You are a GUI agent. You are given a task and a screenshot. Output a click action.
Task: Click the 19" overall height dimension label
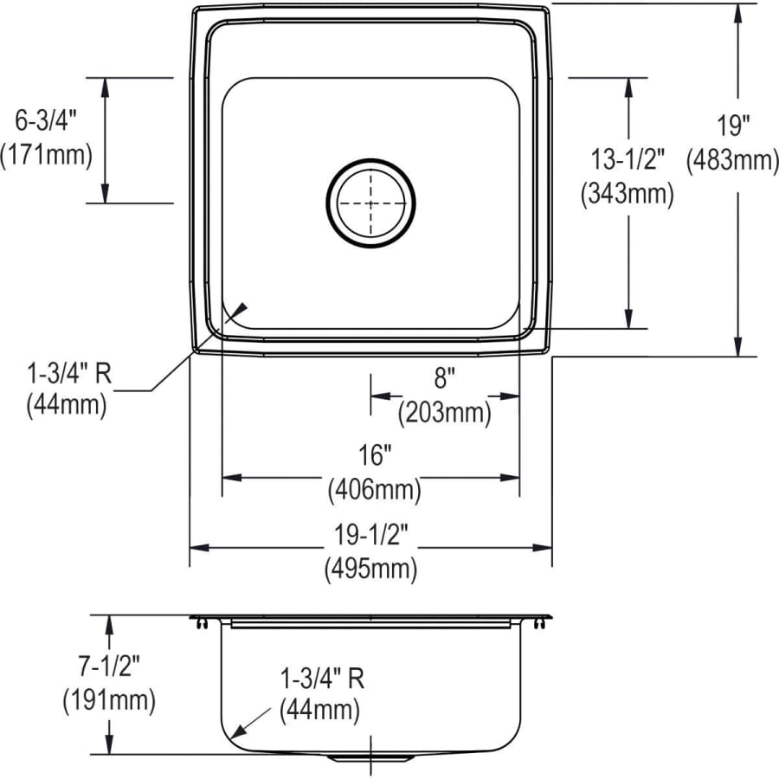click(733, 126)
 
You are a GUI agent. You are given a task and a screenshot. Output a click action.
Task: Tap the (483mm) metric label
click(732, 160)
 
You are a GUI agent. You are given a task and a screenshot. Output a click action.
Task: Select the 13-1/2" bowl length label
click(628, 159)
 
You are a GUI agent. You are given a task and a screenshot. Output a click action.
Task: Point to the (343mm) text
click(628, 193)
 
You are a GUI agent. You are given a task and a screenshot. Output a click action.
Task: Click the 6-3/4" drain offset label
click(46, 120)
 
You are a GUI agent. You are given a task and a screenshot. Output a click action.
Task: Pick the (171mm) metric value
click(46, 155)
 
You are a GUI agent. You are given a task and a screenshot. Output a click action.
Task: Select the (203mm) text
click(444, 412)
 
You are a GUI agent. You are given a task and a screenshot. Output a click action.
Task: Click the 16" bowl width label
click(375, 455)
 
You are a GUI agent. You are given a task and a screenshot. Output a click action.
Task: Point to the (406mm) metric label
click(374, 490)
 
